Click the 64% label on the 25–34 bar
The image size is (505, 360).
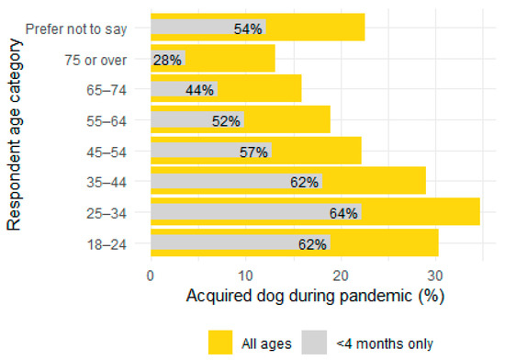[x=344, y=214]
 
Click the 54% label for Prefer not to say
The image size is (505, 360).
[x=248, y=28]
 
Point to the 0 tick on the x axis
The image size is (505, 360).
[x=150, y=274]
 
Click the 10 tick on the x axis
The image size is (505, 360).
[x=245, y=274]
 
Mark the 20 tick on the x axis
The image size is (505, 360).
[x=340, y=274]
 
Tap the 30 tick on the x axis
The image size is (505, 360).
[x=435, y=274]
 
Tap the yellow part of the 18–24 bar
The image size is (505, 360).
[x=386, y=244]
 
